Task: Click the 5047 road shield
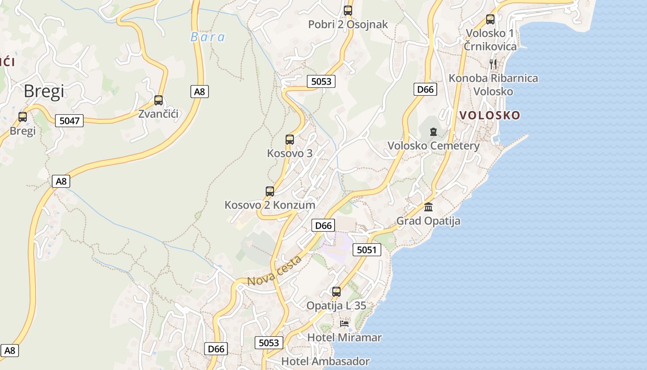[70, 121]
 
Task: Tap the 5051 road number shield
[367, 250]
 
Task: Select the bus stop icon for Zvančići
[159, 100]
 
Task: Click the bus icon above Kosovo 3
[290, 140]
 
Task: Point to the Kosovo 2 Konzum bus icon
[270, 191]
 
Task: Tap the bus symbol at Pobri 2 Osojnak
[348, 11]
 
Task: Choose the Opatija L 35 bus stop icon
[336, 292]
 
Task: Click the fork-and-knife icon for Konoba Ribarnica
[493, 64]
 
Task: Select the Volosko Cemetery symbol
[433, 132]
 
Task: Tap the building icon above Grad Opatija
[428, 207]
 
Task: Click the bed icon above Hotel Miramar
[344, 323]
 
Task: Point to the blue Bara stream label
[208, 37]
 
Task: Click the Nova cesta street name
[275, 271]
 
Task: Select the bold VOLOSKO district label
[490, 115]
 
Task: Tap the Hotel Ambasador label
[325, 361]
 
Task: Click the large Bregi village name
[44, 92]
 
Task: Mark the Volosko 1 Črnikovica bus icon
[490, 19]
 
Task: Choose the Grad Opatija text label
[428, 221]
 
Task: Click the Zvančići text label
[159, 114]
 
